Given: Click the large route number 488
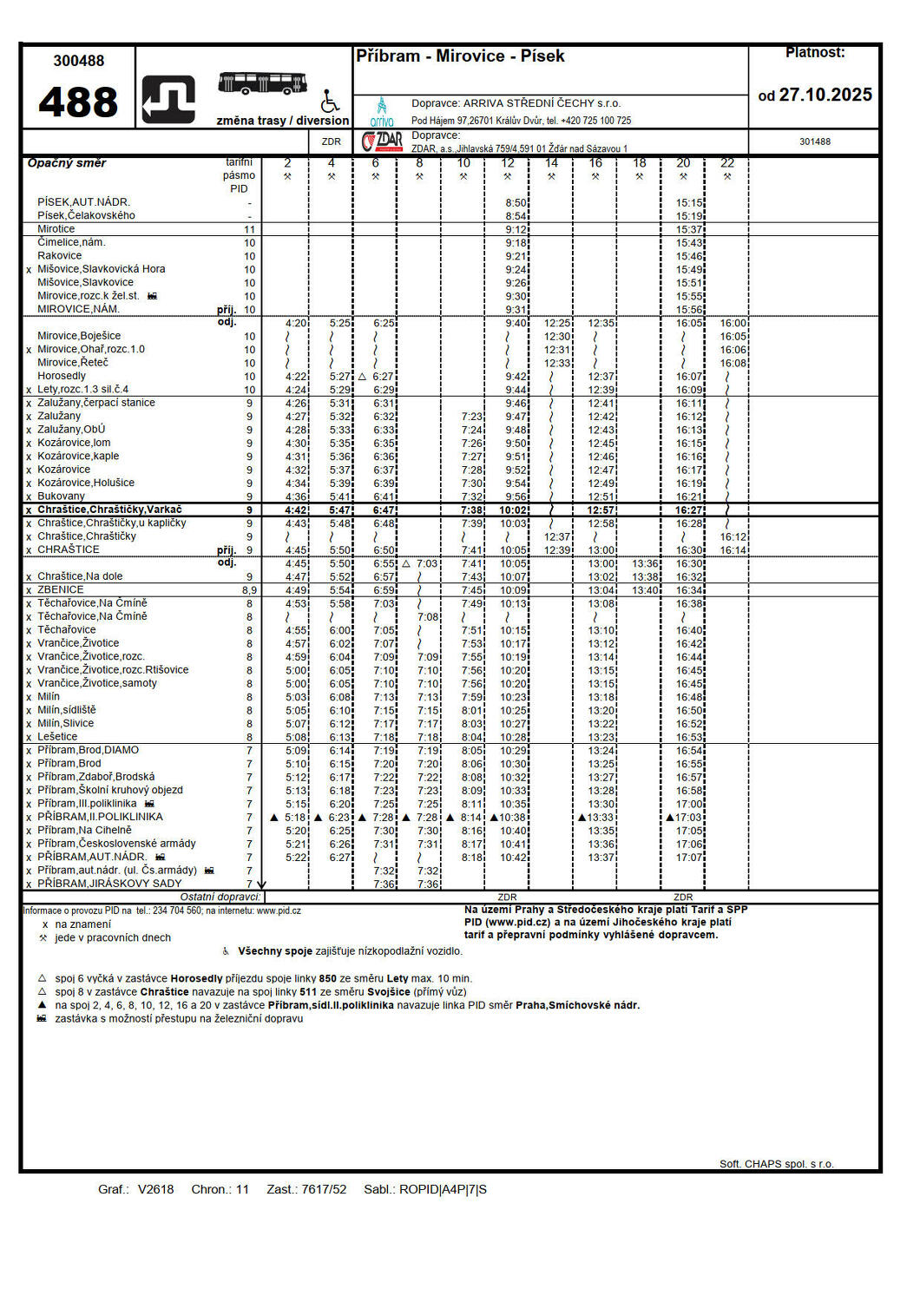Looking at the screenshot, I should pyautogui.click(x=78, y=102).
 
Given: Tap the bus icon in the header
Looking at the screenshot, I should pyautogui.click(x=262, y=83).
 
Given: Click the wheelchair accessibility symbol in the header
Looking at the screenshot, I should pyautogui.click(x=330, y=101).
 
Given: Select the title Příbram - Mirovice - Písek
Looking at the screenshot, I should pyautogui.click(x=460, y=56).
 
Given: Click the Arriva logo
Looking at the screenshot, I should pyautogui.click(x=382, y=112).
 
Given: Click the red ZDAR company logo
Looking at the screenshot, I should pyautogui.click(x=382, y=141).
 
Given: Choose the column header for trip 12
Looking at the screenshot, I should pyautogui.click(x=508, y=163).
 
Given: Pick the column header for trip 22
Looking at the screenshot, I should pyautogui.click(x=727, y=163).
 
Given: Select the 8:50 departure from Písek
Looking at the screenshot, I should pyautogui.click(x=516, y=203).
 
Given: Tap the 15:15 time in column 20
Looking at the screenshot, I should pyautogui.click(x=689, y=203).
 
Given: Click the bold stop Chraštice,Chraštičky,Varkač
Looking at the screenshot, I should pyautogui.click(x=109, y=510).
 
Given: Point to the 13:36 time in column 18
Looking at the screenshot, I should pyautogui.click(x=645, y=564).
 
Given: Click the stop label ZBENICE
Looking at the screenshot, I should pyautogui.click(x=61, y=590).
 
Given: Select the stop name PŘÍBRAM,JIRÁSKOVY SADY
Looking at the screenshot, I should pyautogui.click(x=109, y=884).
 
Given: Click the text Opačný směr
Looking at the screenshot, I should pyautogui.click(x=67, y=163).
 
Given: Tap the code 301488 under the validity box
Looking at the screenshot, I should pyautogui.click(x=814, y=141).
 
